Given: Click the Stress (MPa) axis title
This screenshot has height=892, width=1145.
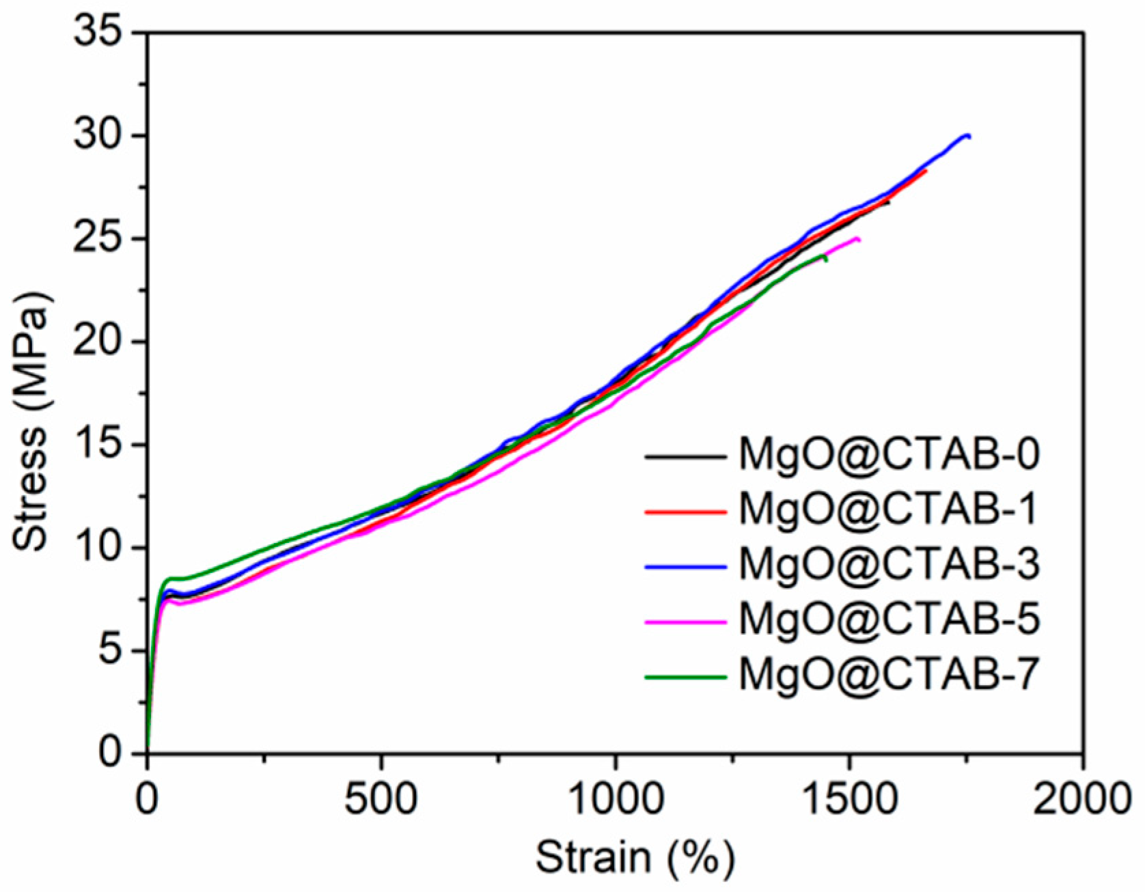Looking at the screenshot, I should [31, 421].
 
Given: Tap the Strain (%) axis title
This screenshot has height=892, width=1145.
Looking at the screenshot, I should [635, 858].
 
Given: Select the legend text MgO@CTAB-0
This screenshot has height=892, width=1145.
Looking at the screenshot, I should [889, 454].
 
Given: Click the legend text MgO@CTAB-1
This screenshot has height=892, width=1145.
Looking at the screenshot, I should [889, 510].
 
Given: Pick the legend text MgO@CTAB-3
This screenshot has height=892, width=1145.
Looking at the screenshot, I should [889, 565].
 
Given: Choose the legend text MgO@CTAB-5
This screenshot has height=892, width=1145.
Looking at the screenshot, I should [889, 620].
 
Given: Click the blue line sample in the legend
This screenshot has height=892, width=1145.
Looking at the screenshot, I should [685, 566].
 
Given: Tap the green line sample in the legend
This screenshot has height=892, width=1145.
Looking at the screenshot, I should [685, 677].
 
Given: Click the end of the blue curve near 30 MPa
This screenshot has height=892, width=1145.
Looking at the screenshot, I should [968, 136].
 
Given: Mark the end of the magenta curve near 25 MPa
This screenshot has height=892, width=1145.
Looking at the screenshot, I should [858, 239].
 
